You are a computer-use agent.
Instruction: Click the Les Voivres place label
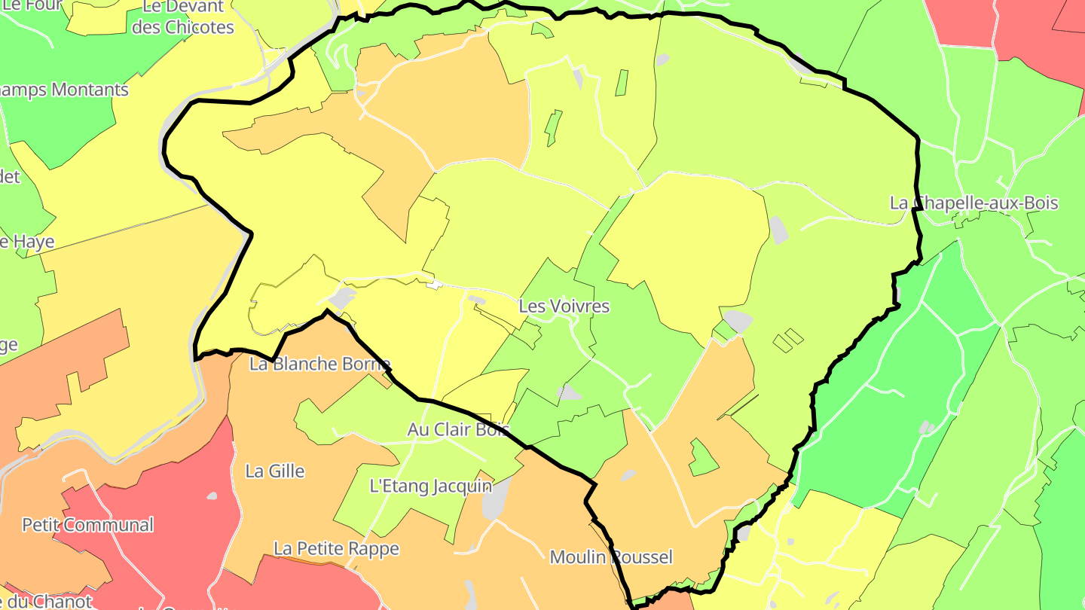(564, 307)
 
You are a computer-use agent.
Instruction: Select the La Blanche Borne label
(319, 364)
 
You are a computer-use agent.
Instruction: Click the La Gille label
(275, 471)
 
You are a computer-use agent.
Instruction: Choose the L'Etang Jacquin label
(430, 486)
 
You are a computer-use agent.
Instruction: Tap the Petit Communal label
(87, 525)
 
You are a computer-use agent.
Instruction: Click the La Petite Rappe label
(336, 549)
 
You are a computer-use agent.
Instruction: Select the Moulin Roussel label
(611, 557)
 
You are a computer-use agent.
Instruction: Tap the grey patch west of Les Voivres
(342, 299)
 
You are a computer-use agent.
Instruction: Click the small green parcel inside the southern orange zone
(703, 457)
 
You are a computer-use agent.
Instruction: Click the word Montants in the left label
(90, 90)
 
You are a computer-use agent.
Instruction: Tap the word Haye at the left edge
(33, 242)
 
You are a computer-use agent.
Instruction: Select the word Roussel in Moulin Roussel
(641, 557)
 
